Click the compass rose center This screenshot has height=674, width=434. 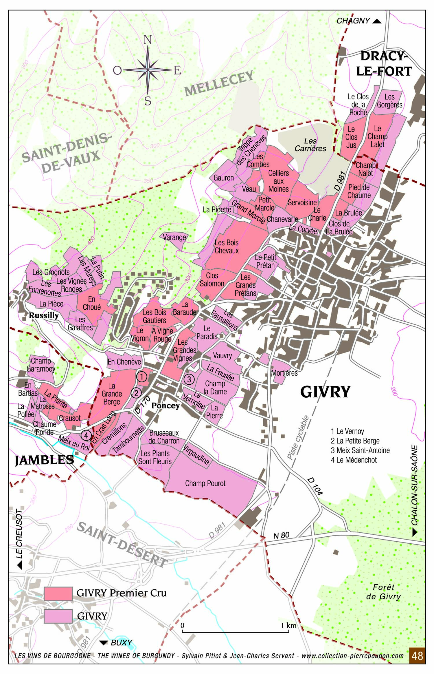(148, 70)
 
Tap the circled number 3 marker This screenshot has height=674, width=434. (189, 379)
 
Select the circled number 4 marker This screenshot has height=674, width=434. (86, 435)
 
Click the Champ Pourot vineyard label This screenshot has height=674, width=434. (205, 483)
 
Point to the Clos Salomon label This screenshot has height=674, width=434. (212, 280)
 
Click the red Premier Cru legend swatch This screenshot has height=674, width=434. (58, 594)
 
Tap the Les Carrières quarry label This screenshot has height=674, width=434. (310, 145)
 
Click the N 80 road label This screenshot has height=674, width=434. (281, 535)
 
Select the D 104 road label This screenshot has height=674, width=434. (315, 486)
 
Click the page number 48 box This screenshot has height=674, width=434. (417, 656)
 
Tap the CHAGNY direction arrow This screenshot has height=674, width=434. (377, 21)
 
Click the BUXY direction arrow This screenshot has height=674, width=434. (104, 643)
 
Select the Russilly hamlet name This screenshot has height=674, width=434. (44, 315)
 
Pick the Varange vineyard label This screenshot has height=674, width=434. (174, 237)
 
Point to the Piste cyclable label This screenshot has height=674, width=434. (298, 437)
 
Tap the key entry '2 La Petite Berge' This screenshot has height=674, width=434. (355, 441)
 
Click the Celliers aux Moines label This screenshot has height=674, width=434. (278, 181)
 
